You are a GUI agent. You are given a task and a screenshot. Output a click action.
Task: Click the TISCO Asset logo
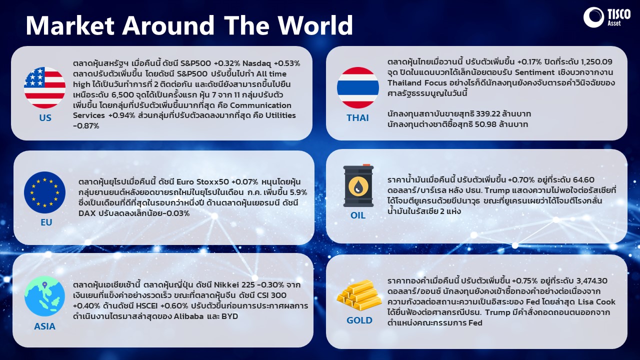pyautogui.click(x=607, y=17)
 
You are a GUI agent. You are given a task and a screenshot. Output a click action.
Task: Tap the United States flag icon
pyautogui.click(x=44, y=87)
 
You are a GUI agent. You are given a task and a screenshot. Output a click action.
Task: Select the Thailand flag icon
pyautogui.click(x=358, y=87)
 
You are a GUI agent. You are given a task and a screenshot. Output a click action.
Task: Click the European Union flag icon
pyautogui.click(x=44, y=192)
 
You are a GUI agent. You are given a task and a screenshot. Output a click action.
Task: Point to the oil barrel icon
pyautogui.click(x=358, y=185)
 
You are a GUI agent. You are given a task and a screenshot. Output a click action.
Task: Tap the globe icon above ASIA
pyautogui.click(x=44, y=296)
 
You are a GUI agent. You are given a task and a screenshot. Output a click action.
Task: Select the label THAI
pyautogui.click(x=357, y=117)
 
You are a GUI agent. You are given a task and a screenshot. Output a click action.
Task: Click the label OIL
pyautogui.click(x=358, y=215)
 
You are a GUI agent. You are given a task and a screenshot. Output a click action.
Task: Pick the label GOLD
pyautogui.click(x=359, y=320)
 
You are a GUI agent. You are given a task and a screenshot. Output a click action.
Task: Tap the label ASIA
pyautogui.click(x=44, y=326)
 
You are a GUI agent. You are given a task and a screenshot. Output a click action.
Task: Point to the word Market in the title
pyautogui.click(x=70, y=25)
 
